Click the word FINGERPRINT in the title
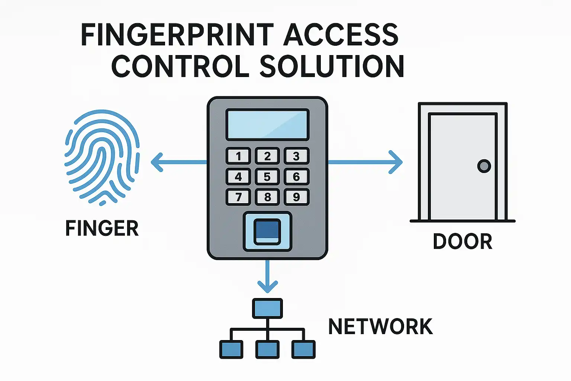177,35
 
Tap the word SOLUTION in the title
332,66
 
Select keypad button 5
267,177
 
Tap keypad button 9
296,197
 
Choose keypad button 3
296,156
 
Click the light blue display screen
267,125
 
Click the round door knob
484,166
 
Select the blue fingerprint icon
102,156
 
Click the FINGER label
102,228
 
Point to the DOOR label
462,241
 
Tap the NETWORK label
380,327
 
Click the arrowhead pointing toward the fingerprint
157,162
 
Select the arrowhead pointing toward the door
396,162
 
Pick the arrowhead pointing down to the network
267,286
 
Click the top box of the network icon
267,308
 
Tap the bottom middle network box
267,349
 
